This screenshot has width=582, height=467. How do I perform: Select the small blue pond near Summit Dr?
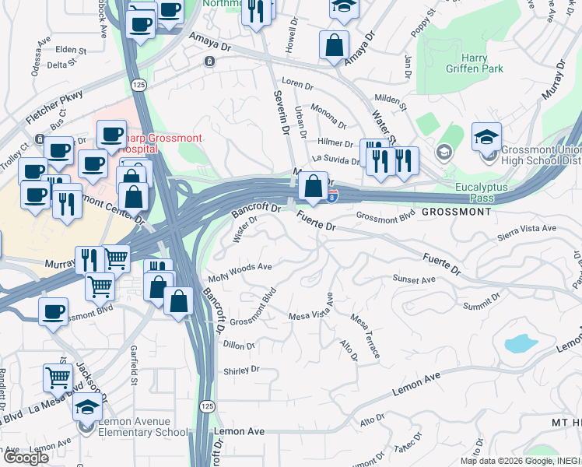click(x=521, y=343)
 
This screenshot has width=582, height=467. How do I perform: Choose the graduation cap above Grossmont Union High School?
click(x=487, y=138)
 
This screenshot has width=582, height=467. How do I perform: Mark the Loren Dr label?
click(x=296, y=83)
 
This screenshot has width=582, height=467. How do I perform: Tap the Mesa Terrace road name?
click(x=366, y=336)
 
